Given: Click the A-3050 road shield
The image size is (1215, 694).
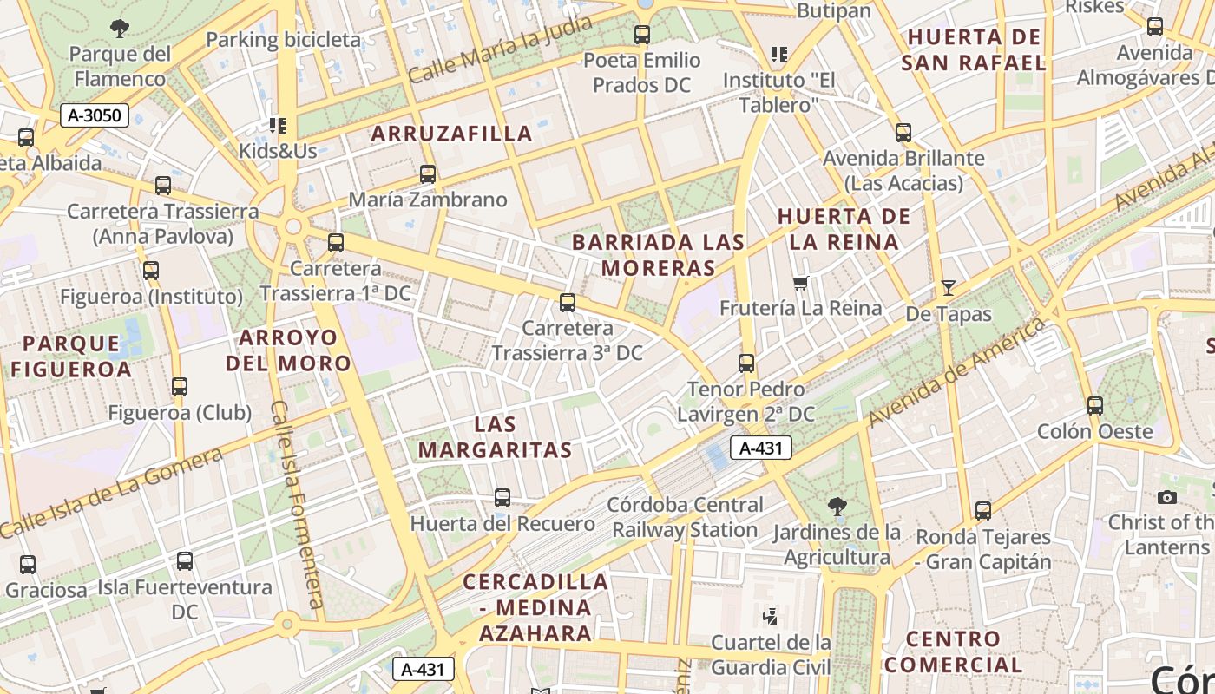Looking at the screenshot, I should (95, 115).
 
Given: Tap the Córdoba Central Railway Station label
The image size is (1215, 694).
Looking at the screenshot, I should (686, 517).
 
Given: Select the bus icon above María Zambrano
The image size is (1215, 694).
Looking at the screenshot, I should (427, 173).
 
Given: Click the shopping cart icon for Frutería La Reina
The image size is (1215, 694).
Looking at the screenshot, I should (800, 283).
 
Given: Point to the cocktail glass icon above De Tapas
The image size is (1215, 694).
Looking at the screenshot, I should (949, 288).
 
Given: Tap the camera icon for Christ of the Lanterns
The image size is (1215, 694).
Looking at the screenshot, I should (1167, 497).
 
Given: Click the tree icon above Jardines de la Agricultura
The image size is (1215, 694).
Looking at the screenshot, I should (837, 506).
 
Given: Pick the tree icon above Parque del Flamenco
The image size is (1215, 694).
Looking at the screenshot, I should (119, 28).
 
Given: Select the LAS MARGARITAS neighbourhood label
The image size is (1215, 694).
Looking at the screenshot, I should (495, 437).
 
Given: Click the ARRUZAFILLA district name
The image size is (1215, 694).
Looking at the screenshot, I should (452, 134).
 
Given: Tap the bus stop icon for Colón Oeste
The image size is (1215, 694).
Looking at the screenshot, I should (1095, 405).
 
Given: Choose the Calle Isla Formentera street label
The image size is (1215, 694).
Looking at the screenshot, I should (298, 503).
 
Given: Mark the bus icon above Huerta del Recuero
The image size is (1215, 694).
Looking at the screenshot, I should (502, 497).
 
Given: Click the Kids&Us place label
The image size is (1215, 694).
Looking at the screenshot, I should (278, 151).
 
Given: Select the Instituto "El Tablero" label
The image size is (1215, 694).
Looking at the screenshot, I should (778, 93).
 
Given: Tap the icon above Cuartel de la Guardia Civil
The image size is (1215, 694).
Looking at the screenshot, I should (770, 617).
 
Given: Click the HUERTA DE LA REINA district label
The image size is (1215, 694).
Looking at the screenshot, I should (844, 229).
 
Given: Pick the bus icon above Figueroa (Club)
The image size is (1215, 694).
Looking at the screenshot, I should (180, 386).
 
